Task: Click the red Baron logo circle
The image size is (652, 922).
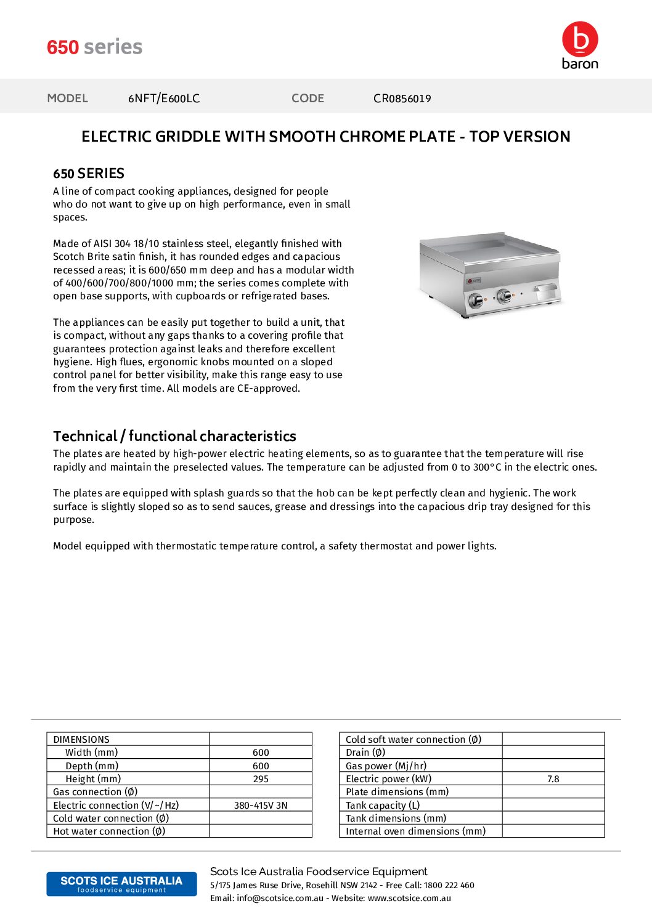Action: (x=580, y=39)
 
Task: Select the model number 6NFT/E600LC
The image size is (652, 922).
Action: (x=164, y=99)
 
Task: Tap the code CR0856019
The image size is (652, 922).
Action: (x=402, y=99)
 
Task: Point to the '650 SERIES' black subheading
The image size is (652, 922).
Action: (x=89, y=174)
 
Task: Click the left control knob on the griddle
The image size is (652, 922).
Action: (x=476, y=301)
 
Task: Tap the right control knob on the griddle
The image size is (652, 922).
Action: (x=504, y=296)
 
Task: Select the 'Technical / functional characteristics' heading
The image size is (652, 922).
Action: (x=174, y=436)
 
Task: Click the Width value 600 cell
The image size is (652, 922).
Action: (x=261, y=753)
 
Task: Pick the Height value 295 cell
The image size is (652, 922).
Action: (x=261, y=779)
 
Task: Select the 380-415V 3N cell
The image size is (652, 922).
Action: (x=261, y=806)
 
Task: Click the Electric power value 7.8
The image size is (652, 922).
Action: (x=553, y=779)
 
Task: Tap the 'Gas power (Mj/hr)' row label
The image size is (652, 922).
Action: (x=386, y=766)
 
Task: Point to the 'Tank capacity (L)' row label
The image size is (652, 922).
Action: (x=383, y=806)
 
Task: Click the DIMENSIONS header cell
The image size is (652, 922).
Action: (x=81, y=739)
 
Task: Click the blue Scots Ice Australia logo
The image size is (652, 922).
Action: (x=121, y=884)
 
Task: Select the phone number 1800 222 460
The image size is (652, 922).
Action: (x=449, y=886)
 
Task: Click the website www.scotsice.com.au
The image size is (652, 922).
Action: (x=409, y=899)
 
